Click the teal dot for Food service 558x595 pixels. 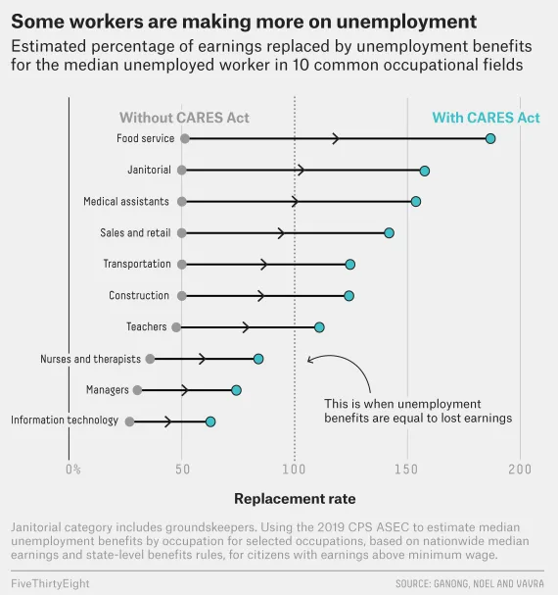490,139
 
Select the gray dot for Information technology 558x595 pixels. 129,421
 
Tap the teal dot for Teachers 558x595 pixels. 319,327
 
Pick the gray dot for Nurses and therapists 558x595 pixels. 150,359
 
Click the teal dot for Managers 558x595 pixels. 236,390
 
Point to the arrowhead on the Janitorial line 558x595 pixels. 301,171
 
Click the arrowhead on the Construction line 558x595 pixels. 261,296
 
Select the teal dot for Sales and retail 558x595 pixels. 389,233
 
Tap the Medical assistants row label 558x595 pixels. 126,202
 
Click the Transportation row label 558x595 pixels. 137,265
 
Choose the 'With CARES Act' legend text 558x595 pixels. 486,118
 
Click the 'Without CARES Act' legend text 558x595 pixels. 184,118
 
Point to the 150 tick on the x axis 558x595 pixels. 406,470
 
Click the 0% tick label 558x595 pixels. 73,470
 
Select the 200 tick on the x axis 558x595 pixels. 519,470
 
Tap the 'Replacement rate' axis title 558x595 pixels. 295,498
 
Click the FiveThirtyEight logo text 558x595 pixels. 51,583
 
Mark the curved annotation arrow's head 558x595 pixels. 308,360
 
